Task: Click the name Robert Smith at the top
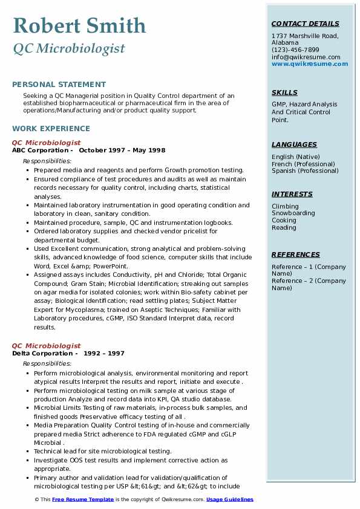point(79,25)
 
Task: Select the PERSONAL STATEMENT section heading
point(59,85)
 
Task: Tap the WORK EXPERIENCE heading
point(51,128)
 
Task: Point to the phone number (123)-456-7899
point(295,50)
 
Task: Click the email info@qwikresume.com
point(306,57)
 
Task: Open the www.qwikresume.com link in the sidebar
point(310,63)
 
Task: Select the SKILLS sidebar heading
point(284,92)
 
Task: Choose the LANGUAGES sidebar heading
point(294,144)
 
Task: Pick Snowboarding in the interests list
point(293,213)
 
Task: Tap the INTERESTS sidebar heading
point(292,194)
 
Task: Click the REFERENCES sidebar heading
point(295,254)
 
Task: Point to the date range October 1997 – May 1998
point(122,151)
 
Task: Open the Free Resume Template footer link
point(82,499)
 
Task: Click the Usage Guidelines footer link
point(230,499)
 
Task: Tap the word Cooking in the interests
point(284,221)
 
